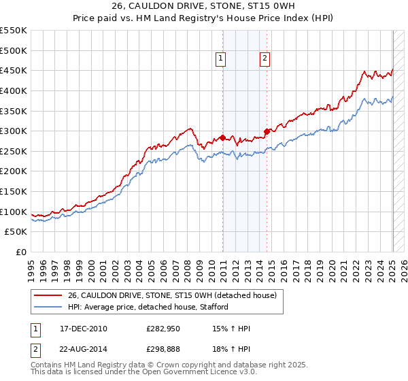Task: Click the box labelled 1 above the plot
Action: (x=222, y=59)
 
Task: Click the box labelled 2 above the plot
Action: (x=264, y=59)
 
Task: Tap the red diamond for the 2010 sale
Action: (x=222, y=137)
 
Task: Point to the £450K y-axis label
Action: (x=14, y=70)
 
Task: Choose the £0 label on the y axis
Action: (x=20, y=252)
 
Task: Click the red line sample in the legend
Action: (x=48, y=295)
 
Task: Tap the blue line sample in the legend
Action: (x=48, y=307)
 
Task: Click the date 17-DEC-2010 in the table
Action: (x=84, y=329)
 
